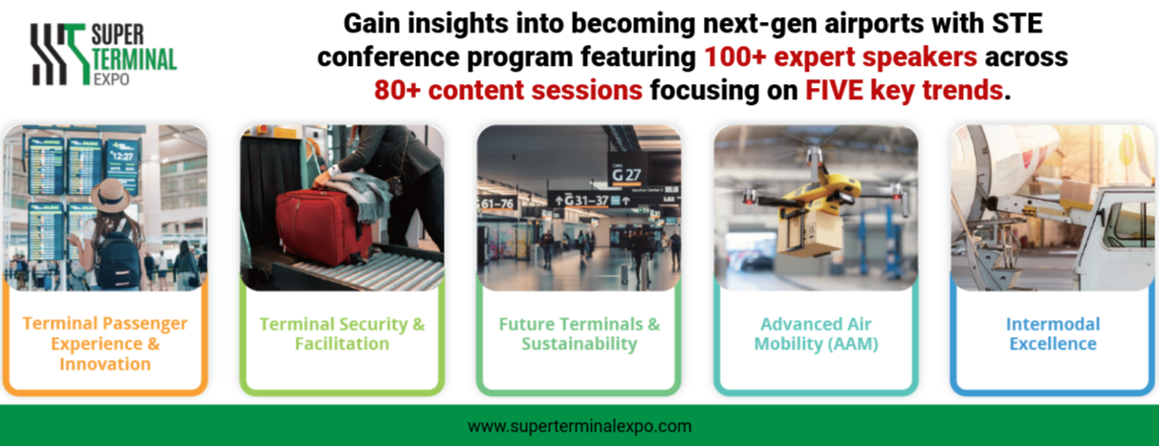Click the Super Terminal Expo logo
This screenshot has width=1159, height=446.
click(x=103, y=54)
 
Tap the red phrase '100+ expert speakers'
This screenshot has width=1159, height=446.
click(x=841, y=57)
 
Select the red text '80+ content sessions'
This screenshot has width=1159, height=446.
click(x=508, y=90)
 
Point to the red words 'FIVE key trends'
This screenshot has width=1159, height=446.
click(x=904, y=90)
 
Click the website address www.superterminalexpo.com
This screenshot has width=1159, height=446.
click(x=579, y=426)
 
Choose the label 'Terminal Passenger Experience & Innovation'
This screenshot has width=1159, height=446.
click(x=105, y=344)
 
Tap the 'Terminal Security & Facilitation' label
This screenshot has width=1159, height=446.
click(x=342, y=334)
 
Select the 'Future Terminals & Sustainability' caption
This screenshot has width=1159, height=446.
click(x=579, y=334)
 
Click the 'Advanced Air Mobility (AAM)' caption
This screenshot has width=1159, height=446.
click(x=816, y=334)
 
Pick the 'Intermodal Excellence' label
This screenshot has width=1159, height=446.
click(x=1053, y=334)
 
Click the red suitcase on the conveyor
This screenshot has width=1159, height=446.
click(x=323, y=227)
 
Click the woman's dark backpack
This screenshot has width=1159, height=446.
click(x=119, y=259)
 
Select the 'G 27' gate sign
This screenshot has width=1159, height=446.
click(x=626, y=173)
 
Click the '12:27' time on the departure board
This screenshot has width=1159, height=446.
click(x=123, y=156)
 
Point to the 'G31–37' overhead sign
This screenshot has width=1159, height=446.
click(x=585, y=200)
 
